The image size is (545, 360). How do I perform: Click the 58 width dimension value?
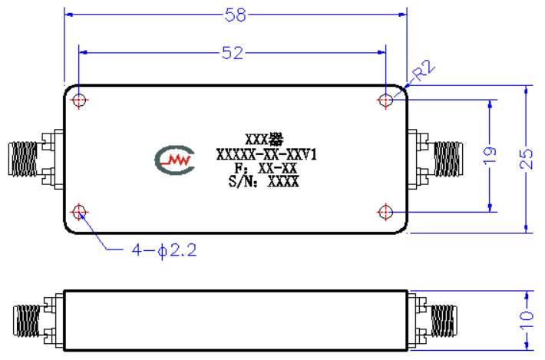[x=236, y=15]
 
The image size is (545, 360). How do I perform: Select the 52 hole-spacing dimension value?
[x=233, y=53]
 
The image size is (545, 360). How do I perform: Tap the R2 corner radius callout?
[x=424, y=71]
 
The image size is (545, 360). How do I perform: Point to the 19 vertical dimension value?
[x=490, y=155]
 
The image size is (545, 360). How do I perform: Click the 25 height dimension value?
[x=526, y=159]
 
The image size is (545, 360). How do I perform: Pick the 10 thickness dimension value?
[x=526, y=320]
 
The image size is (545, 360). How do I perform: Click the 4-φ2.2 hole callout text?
[x=164, y=250]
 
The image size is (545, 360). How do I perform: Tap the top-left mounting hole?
[x=79, y=101]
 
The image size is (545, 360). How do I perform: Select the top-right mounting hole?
[x=385, y=101]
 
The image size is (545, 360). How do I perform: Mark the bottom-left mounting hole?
[x=79, y=212]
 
